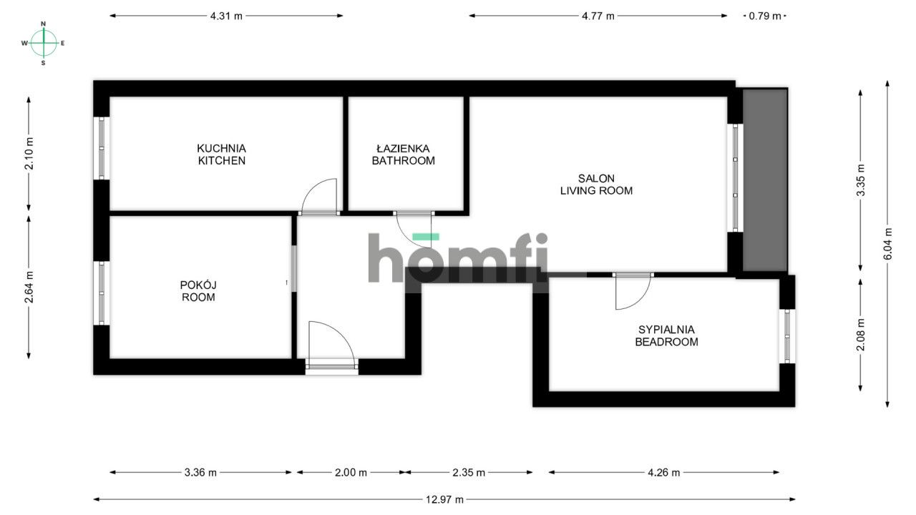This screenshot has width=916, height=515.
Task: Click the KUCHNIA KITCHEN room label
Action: tap(221, 154)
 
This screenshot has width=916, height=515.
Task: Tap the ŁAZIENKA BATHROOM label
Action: tap(403, 154)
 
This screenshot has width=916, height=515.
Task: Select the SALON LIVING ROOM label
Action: tap(596, 185)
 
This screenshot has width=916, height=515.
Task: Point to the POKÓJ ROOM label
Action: tap(198, 291)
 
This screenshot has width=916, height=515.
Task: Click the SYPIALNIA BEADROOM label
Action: tap(666, 335)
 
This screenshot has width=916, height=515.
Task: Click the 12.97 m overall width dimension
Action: tap(444, 499)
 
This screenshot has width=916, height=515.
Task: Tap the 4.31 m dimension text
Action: tap(226, 16)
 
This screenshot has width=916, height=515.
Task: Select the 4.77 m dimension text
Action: tap(598, 16)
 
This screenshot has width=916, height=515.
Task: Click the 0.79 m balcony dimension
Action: tap(765, 16)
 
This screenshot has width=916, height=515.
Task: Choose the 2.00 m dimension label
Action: tap(351, 472)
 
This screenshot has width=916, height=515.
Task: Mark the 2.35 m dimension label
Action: tap(469, 472)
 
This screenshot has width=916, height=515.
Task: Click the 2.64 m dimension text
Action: tap(29, 286)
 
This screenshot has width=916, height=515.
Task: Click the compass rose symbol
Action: tap(44, 43)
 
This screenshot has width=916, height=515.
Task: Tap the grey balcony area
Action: tap(765, 180)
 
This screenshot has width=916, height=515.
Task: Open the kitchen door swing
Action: tap(320, 197)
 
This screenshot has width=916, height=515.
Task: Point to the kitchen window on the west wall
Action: tap(102, 148)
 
